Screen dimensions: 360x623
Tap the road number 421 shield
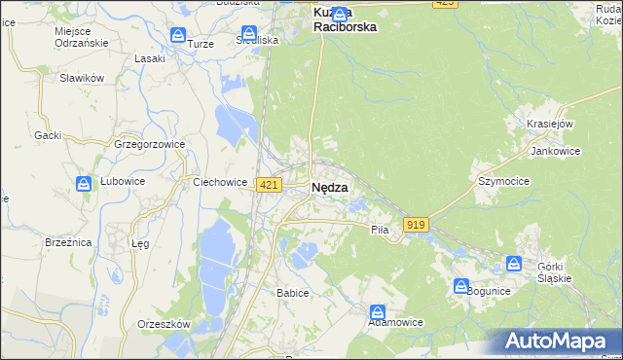point(270,185)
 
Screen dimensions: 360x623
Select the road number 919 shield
point(416,225)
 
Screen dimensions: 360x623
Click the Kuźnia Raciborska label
point(345,20)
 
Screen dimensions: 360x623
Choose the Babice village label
point(292,293)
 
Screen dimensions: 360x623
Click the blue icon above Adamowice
point(378,311)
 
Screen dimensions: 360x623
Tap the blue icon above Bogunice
point(461,285)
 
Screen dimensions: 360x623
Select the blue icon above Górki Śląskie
point(514,263)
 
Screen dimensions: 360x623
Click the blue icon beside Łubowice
point(84,183)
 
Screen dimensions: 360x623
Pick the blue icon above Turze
point(178,35)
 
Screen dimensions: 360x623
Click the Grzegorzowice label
point(150,144)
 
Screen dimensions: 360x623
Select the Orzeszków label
point(164,324)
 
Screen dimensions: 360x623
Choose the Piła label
point(380,230)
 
